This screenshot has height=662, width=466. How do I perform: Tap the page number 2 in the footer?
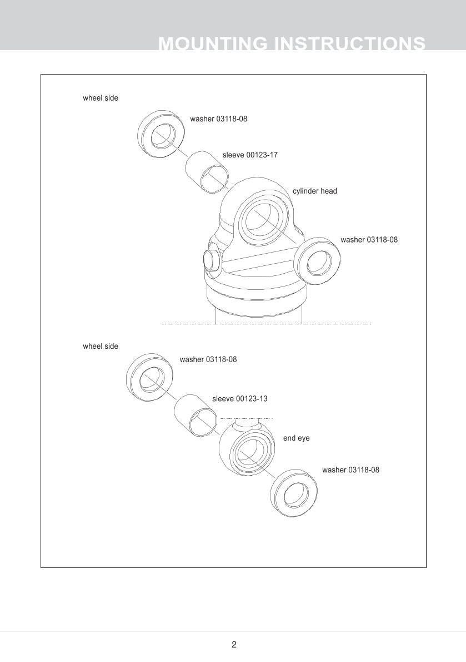tap(234, 645)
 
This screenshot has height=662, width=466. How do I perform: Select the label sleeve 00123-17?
tap(250, 155)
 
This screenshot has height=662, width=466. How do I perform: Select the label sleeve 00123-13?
tap(240, 399)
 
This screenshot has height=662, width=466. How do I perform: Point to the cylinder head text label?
tap(314, 191)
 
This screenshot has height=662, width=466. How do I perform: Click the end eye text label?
tap(297, 438)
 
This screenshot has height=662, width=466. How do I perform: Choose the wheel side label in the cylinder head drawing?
tap(101, 98)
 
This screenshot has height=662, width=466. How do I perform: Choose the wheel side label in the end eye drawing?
tap(101, 346)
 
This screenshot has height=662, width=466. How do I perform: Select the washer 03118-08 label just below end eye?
tap(350, 470)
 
